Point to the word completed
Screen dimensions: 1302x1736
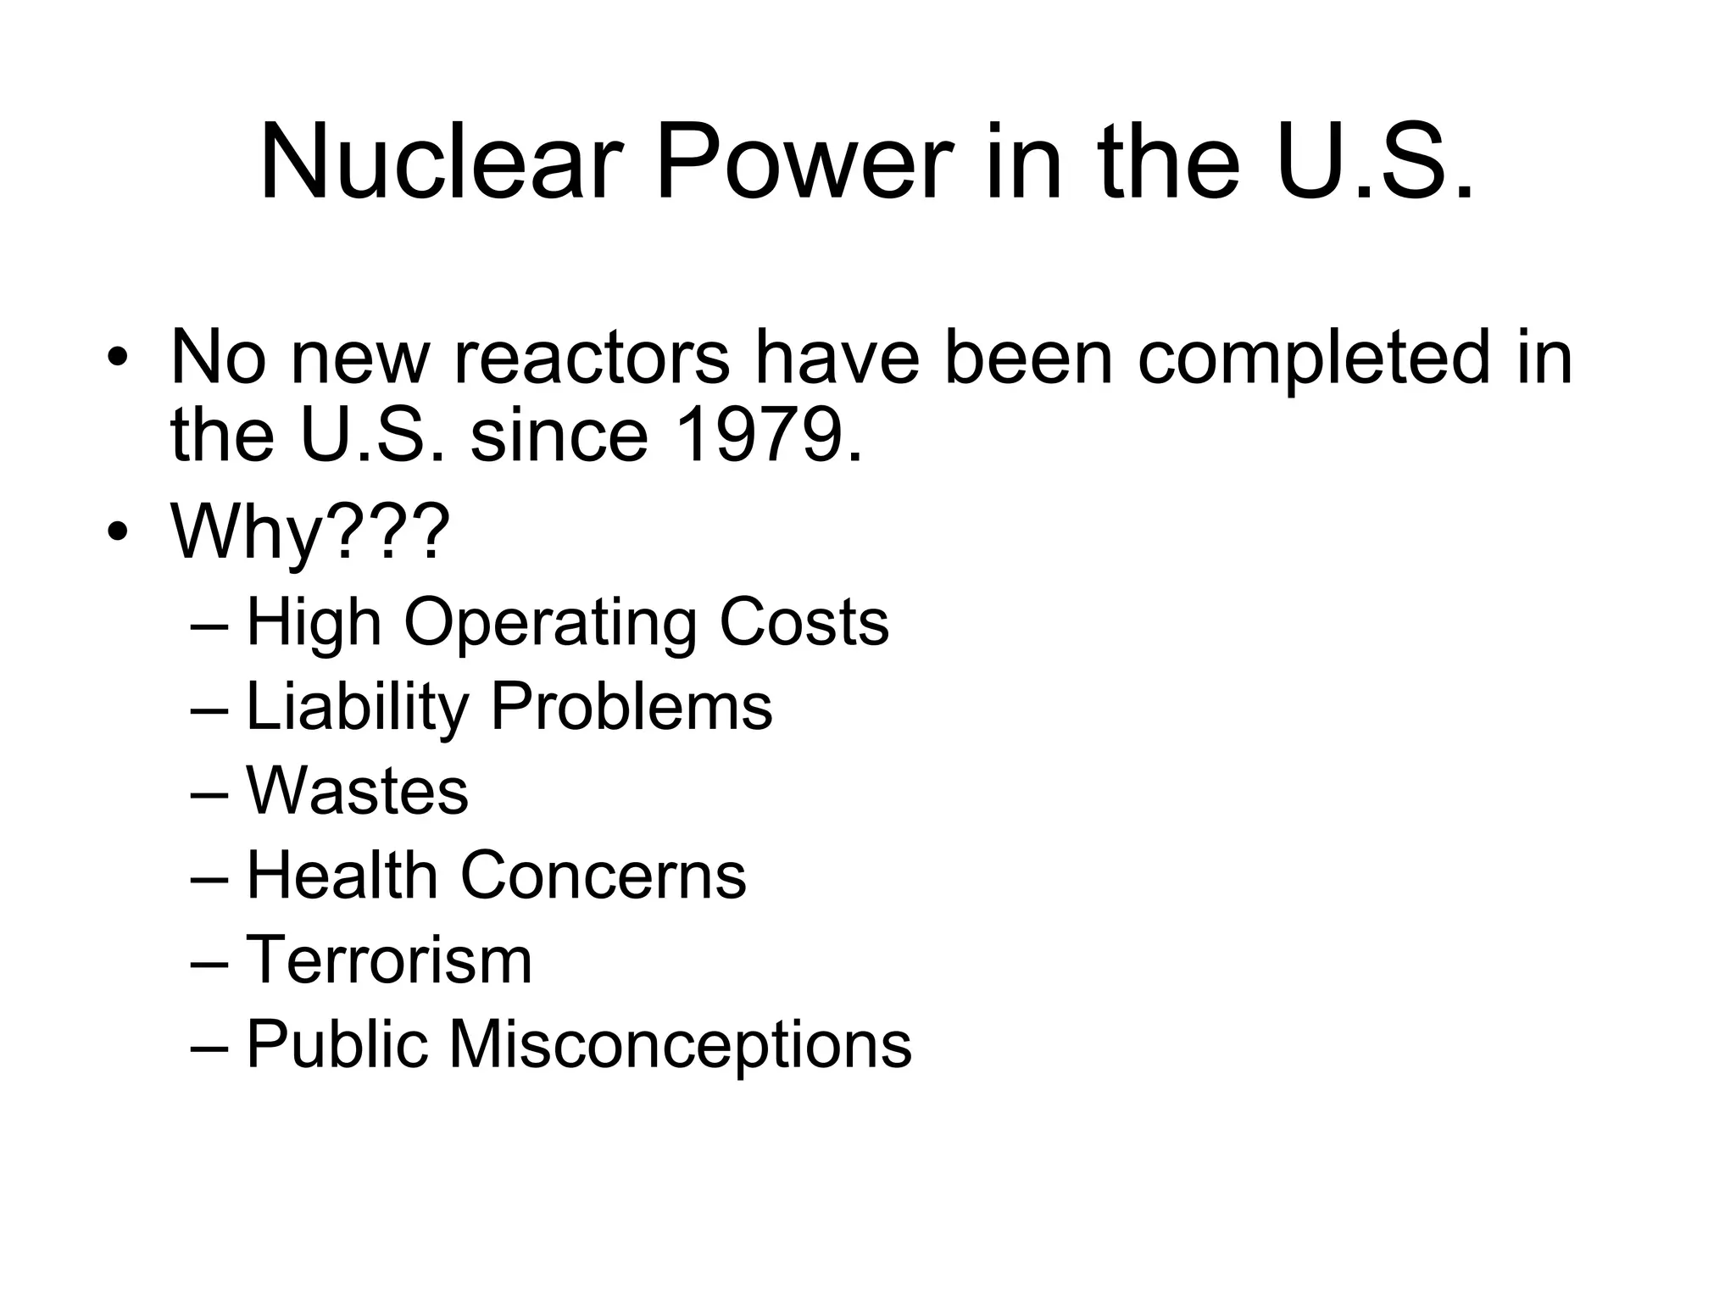(x=1313, y=358)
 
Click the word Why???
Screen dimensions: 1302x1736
(x=310, y=532)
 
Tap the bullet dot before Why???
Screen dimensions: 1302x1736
(x=118, y=532)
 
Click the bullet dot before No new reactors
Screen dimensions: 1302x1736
(x=118, y=358)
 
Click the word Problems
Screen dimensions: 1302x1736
(x=632, y=707)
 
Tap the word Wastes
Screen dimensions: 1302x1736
(x=357, y=792)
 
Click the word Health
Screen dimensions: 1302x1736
(x=341, y=876)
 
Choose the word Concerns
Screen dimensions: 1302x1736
(x=603, y=876)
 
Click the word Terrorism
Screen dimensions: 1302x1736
(x=389, y=960)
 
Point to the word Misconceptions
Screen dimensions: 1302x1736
(x=680, y=1046)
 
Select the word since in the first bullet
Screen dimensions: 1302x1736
(x=559, y=436)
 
